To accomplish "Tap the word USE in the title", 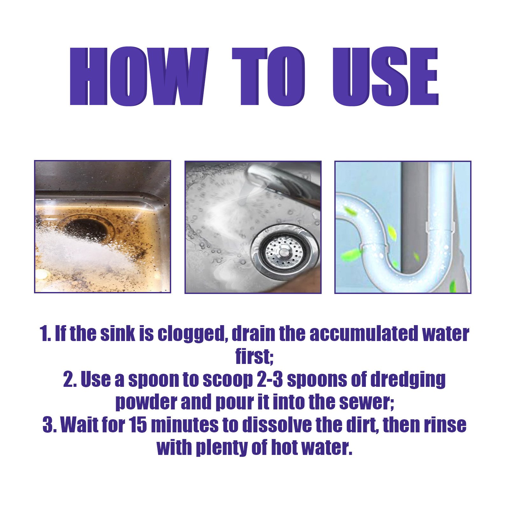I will tap(385, 76).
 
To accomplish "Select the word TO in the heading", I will tap(268, 76).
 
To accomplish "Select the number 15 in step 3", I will tap(138, 425).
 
